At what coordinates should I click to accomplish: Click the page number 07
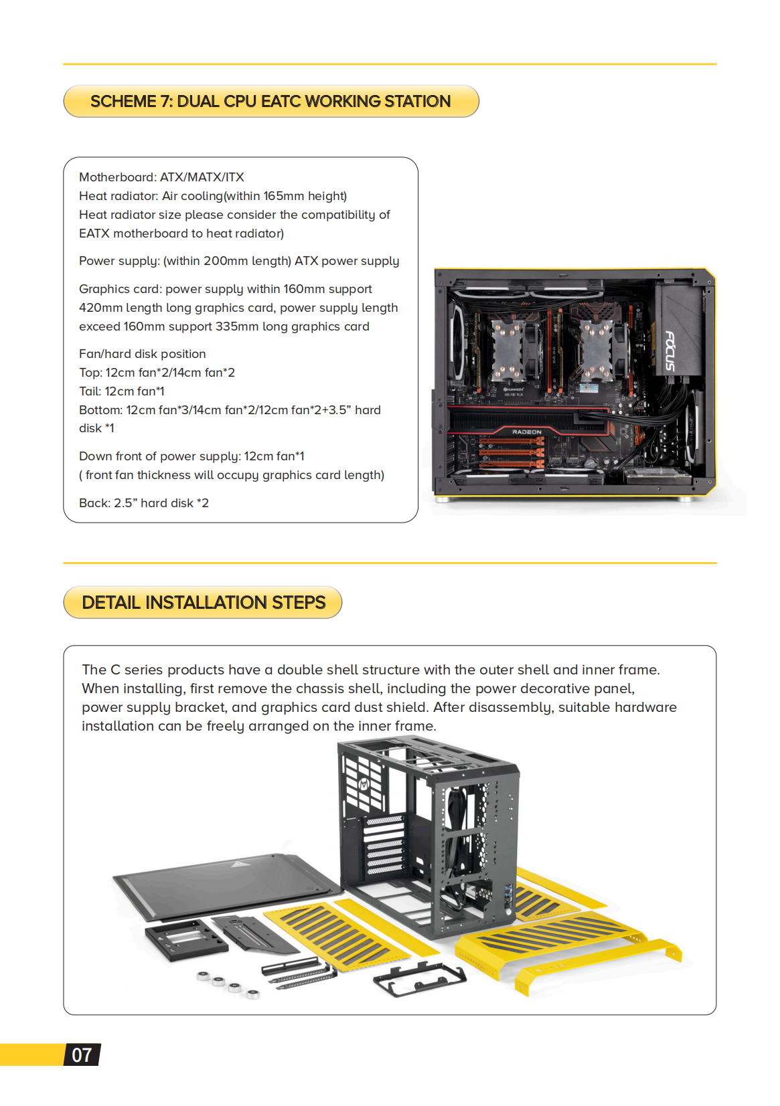pyautogui.click(x=82, y=1055)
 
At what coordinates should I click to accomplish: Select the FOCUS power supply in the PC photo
pyautogui.click(x=678, y=331)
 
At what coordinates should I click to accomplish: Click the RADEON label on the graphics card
pyautogui.click(x=527, y=432)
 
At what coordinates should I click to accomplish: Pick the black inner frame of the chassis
pyautogui.click(x=428, y=836)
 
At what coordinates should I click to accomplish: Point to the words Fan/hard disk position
pyautogui.click(x=142, y=354)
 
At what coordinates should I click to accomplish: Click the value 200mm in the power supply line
pyautogui.click(x=225, y=261)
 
